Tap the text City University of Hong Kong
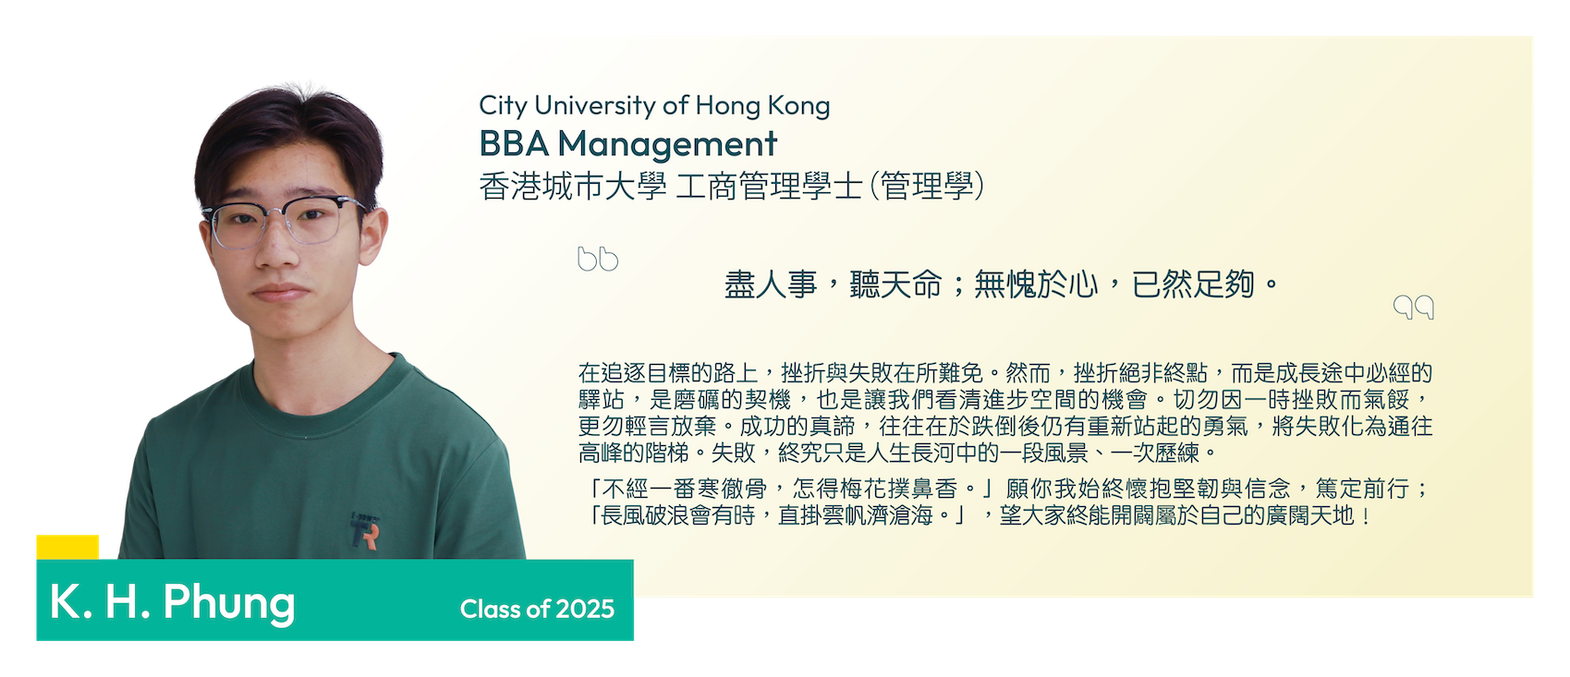point(654,106)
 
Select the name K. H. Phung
point(173,602)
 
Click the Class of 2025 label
point(537,609)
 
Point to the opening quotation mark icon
point(598,259)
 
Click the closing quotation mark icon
point(1414,307)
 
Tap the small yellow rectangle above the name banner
point(67,547)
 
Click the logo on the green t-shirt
point(365,530)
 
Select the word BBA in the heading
point(514,144)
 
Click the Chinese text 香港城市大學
point(573,187)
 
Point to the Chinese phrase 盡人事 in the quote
point(771,285)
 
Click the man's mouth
point(280,292)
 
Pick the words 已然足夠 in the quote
point(1193,284)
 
